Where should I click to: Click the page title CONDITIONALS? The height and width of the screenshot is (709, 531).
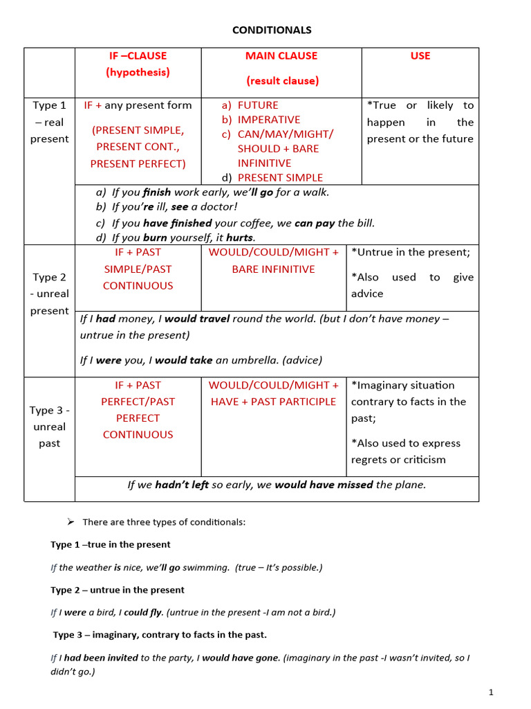[x=271, y=30]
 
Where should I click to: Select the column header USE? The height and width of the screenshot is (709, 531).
[x=420, y=55]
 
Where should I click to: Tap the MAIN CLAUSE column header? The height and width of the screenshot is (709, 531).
[x=281, y=55]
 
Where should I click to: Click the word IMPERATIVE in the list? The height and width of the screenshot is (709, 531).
[x=268, y=120]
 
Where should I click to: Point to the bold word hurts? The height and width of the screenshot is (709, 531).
[x=240, y=237]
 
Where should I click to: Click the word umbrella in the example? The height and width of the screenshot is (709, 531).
[x=263, y=360]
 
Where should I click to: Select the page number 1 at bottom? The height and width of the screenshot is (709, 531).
[x=491, y=692]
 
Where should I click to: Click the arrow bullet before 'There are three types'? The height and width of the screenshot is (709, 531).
[x=70, y=521]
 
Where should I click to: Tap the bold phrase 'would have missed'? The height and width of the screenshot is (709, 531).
[x=324, y=485]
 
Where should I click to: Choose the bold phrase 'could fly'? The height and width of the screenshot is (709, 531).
[x=143, y=612]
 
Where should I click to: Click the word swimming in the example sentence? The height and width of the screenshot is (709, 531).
[x=206, y=568]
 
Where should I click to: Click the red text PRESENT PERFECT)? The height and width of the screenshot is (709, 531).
[x=138, y=163]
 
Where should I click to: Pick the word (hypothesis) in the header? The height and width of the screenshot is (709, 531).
[x=138, y=72]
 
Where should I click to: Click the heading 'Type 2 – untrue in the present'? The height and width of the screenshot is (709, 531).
[x=118, y=590]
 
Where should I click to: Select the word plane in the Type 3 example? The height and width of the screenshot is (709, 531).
[x=409, y=485]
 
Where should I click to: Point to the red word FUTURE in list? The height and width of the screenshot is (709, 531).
[x=258, y=105]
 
